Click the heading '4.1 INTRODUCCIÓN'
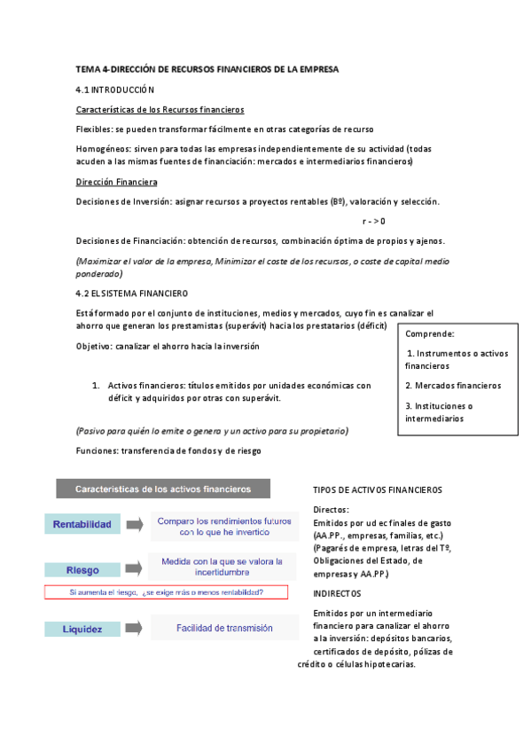coord(115,90)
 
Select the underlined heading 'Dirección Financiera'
coord(116,182)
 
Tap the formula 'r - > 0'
coord(374,221)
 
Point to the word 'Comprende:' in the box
coord(430,334)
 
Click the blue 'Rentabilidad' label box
coord(82,525)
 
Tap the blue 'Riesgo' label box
coord(82,569)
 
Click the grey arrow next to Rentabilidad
coord(135,525)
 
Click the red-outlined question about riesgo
coord(166,591)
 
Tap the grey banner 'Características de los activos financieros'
coord(163,489)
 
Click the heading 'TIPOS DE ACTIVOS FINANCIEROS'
coord(378,490)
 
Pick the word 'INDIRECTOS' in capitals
coord(337,592)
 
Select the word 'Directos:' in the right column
coord(332,510)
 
